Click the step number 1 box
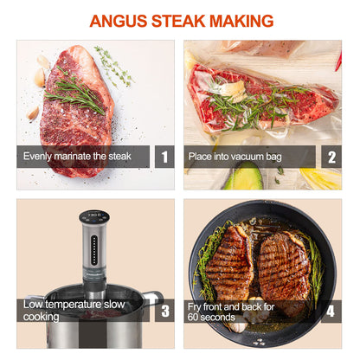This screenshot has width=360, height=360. (164, 157)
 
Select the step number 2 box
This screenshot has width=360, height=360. (330, 157)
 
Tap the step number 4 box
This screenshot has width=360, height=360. (330, 311)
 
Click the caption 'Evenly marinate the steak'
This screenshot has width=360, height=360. (78, 157)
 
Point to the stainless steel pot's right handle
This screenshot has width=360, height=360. (153, 299)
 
